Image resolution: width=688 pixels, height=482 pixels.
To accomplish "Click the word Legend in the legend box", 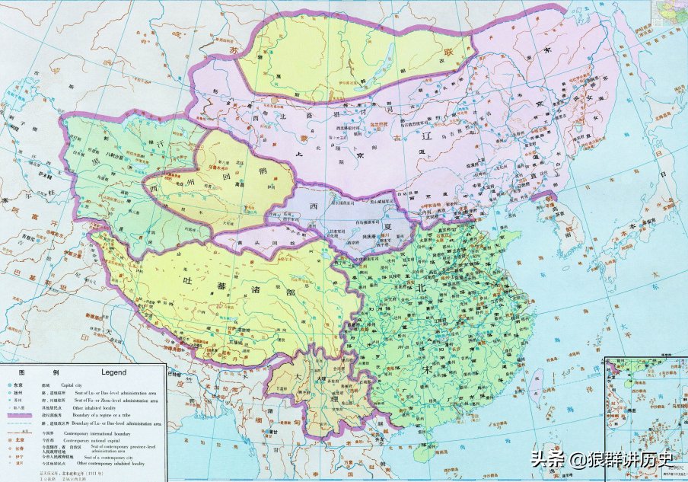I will [113, 373].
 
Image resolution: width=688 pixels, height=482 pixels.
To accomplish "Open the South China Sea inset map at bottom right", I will [646, 417].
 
